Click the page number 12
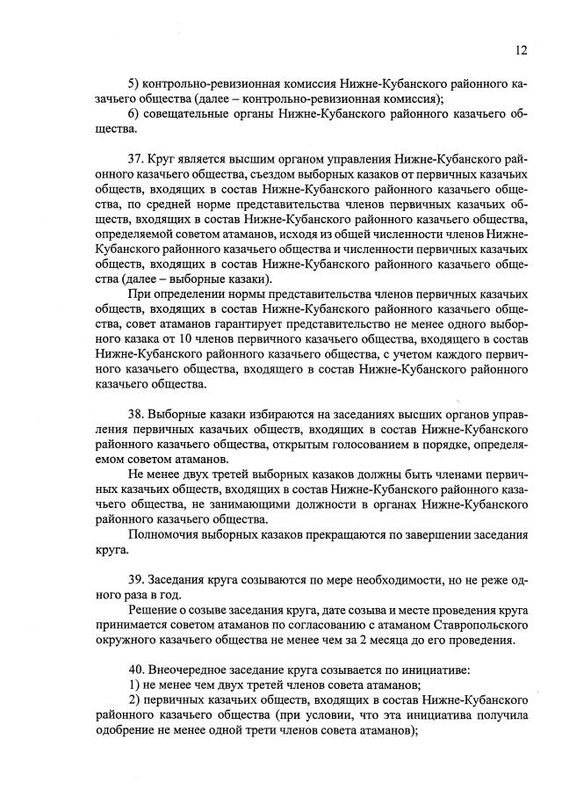(521, 50)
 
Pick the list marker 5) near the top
(134, 83)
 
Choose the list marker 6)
(134, 114)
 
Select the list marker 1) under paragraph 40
(134, 686)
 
